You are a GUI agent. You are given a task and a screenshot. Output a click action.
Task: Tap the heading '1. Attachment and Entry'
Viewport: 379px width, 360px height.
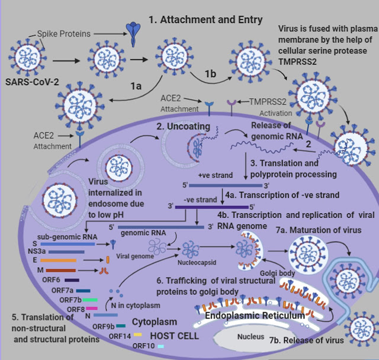205,20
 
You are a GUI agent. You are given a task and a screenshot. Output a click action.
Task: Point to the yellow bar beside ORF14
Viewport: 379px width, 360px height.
137,335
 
